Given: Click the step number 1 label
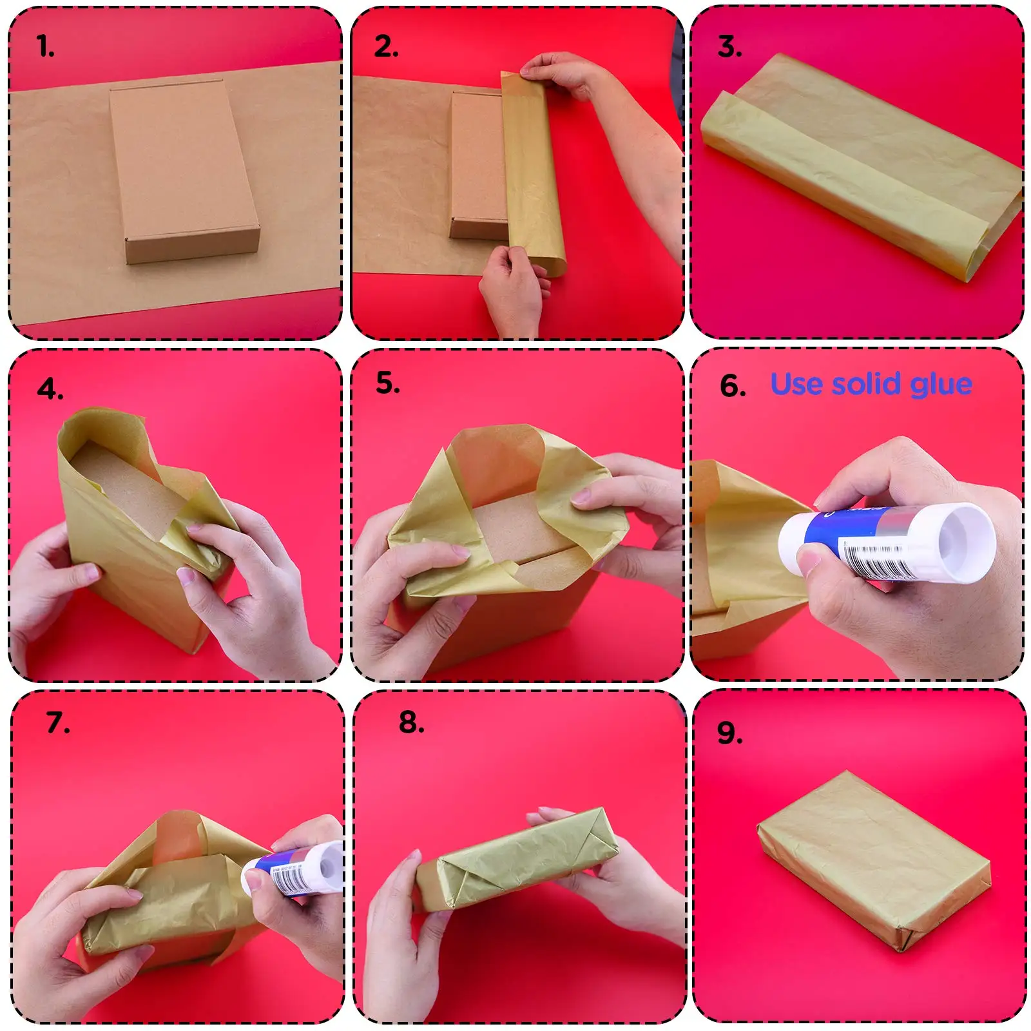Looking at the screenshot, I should (45, 46).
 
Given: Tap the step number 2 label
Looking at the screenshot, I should (386, 46).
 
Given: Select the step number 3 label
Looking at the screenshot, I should (729, 46).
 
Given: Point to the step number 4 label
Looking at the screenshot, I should (50, 389).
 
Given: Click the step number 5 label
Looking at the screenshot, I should (388, 383).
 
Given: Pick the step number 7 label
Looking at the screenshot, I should (58, 722).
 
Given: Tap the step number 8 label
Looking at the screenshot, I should (412, 722).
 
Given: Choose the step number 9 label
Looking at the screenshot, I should (729, 733).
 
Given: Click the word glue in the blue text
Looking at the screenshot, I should (941, 385).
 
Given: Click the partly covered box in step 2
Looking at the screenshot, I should (477, 164).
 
